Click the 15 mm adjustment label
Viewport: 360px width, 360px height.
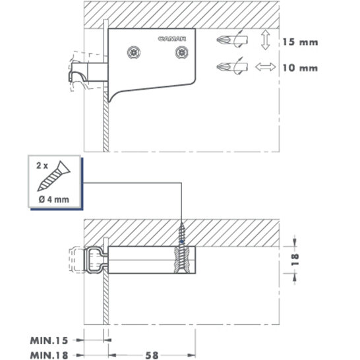click(300, 42)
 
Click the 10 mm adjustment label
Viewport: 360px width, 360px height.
click(300, 68)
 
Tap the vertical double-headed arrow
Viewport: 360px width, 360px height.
click(266, 40)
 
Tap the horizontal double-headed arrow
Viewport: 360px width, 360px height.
click(266, 67)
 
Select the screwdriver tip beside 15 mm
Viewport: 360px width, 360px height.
click(232, 40)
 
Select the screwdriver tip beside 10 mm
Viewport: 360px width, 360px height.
click(232, 67)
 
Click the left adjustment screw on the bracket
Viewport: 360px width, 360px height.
click(134, 52)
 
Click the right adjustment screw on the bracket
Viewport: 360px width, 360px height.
click(182, 52)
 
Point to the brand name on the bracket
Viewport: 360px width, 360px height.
click(172, 39)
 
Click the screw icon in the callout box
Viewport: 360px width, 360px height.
click(54, 176)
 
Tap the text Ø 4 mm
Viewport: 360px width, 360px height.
click(54, 200)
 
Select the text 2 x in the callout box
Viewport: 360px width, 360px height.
click(42, 165)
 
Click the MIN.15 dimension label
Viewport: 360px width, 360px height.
click(49, 340)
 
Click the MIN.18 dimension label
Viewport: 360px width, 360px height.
click(49, 355)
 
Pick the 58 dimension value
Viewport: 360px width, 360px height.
click(152, 355)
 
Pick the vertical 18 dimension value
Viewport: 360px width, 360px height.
click(295, 260)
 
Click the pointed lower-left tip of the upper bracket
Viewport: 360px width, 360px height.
click(109, 102)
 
